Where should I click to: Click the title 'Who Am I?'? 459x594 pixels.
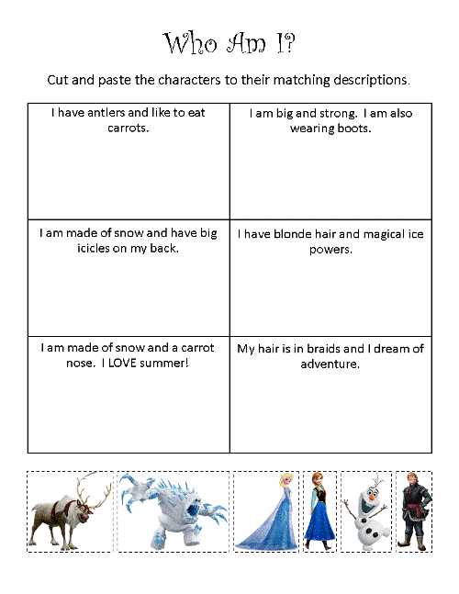[229, 43]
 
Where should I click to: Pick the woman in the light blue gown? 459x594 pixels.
[265, 514]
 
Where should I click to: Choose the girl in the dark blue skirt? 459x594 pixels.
[320, 514]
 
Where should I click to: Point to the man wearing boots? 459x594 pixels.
[414, 512]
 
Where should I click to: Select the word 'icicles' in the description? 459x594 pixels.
[79, 248]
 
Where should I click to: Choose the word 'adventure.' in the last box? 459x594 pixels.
[330, 364]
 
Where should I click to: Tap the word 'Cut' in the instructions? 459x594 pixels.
[59, 80]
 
